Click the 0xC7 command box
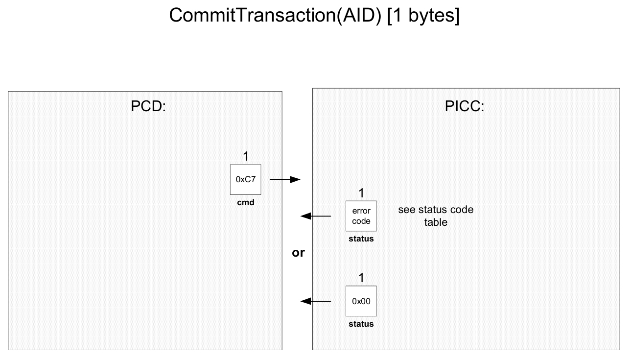coord(245,179)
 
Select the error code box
coord(361,216)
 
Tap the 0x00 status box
coord(361,301)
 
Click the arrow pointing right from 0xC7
coord(285,179)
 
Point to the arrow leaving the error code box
coord(316,216)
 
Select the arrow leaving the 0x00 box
coord(316,301)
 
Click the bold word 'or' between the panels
coord(298,253)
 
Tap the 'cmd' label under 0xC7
coord(246,202)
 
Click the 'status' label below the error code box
coord(361,239)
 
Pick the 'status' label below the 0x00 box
coord(361,324)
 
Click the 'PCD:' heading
coord(148,106)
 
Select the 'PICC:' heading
coord(465,106)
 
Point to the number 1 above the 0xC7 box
coord(246,156)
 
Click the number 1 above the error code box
coord(361,193)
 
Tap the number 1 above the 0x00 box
coord(361,278)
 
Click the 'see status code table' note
coord(436,216)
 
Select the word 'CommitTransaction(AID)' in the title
coord(275,15)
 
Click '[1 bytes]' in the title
coord(423,16)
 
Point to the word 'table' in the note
coord(436,222)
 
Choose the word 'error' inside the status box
coord(361,211)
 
